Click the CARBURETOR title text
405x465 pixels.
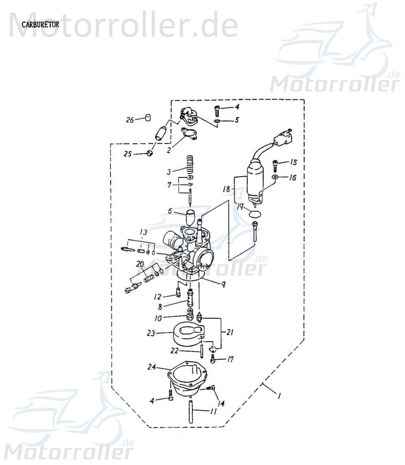click(x=40, y=25)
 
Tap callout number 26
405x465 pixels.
click(x=130, y=120)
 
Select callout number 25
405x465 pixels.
click(x=128, y=154)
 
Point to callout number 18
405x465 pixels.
click(x=226, y=189)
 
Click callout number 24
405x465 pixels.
click(x=152, y=367)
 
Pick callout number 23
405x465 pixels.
click(x=151, y=333)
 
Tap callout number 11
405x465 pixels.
click(x=213, y=411)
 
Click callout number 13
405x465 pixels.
click(x=143, y=232)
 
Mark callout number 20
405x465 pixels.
click(x=140, y=264)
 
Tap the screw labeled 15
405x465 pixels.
click(x=275, y=165)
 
